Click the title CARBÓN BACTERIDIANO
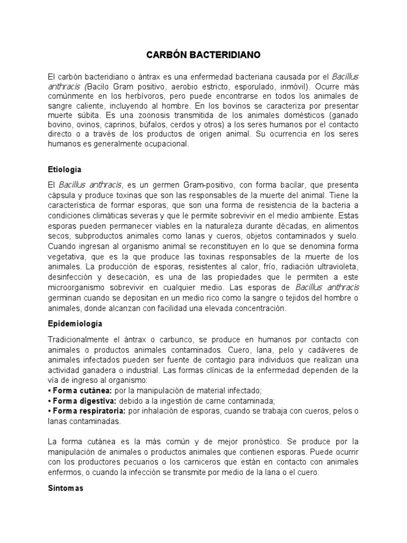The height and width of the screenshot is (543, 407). click(x=203, y=55)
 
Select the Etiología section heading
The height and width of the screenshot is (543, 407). click(x=64, y=169)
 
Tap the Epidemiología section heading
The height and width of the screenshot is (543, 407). click(x=75, y=323)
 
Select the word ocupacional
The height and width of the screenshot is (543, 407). click(x=166, y=144)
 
